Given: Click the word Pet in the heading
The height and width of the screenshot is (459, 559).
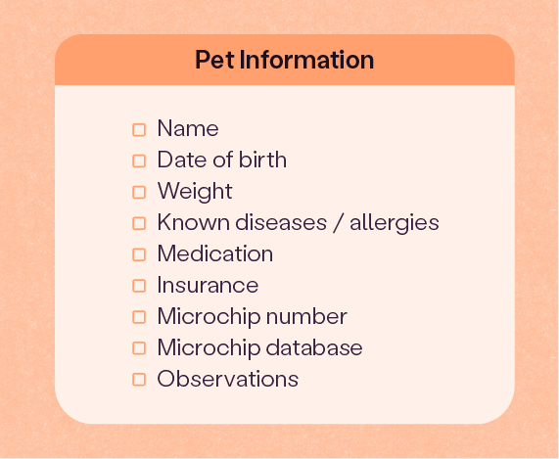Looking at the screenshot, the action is (214, 60).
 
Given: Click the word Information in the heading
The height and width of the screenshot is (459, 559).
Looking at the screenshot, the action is (307, 60).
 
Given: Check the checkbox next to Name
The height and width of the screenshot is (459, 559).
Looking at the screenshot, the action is (139, 130).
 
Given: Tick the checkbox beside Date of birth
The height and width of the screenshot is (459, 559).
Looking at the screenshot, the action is (139, 161).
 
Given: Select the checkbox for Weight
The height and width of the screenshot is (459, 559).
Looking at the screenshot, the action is (139, 193).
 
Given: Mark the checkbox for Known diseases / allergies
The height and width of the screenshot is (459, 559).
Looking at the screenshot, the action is (139, 223).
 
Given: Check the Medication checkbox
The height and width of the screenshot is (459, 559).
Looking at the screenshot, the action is (139, 254).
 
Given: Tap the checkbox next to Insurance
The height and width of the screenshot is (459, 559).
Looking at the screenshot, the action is (139, 286).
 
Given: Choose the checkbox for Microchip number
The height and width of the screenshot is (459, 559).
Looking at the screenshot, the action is (139, 317).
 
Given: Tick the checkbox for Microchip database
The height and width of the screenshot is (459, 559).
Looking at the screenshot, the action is (139, 348).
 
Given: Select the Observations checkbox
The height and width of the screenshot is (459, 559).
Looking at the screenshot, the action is (139, 380).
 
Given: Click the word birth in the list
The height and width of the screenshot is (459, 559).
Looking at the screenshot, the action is (262, 159).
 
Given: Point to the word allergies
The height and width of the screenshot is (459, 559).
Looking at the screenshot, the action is (395, 223).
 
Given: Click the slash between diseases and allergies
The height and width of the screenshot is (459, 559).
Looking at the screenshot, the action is (338, 223).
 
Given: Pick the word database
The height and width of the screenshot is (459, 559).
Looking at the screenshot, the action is (314, 347).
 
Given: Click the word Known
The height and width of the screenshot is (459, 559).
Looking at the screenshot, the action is (194, 222).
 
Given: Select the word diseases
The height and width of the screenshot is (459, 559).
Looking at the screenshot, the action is (281, 222).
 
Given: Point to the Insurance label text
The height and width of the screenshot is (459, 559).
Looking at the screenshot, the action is (208, 285).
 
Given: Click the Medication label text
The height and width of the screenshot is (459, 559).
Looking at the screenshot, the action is (215, 253).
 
